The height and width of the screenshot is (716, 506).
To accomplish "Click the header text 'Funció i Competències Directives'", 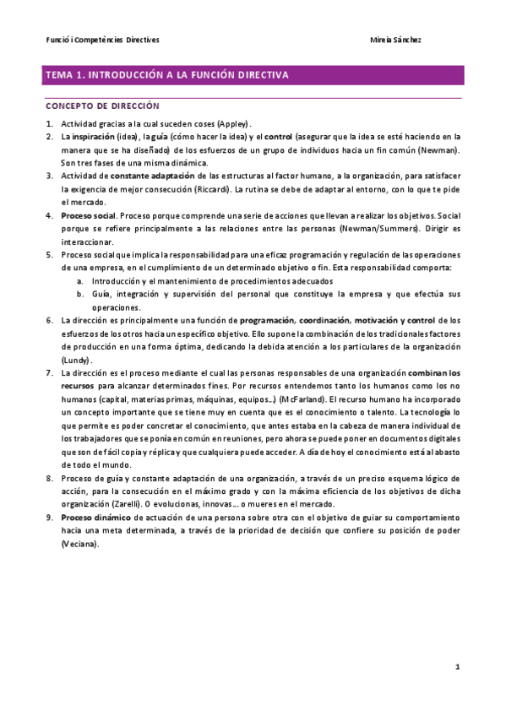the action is [x=102, y=40].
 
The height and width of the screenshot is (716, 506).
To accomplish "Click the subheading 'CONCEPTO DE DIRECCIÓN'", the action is [x=102, y=106].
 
